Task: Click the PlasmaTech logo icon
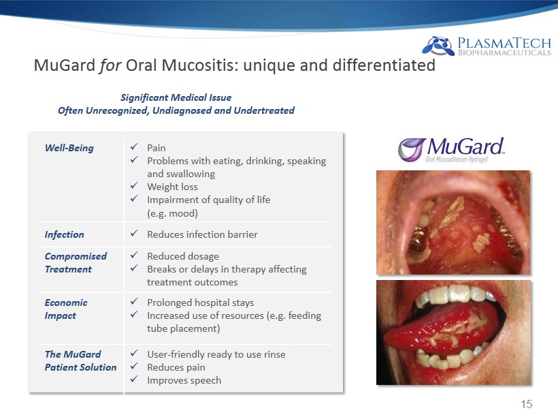(x=438, y=46)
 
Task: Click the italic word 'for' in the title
(x=110, y=65)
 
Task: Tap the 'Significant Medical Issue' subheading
(x=176, y=97)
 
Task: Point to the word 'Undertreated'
(x=264, y=110)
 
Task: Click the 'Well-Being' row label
(x=69, y=148)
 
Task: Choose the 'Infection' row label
(x=65, y=234)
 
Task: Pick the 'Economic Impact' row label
(x=66, y=309)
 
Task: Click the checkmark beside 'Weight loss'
(x=134, y=186)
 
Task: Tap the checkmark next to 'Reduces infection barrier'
(x=134, y=234)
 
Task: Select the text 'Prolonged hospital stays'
(x=200, y=302)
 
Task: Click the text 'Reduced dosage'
(x=183, y=256)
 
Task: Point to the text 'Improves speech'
(x=184, y=380)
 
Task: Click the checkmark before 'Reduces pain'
(x=134, y=367)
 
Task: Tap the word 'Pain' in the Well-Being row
(x=157, y=148)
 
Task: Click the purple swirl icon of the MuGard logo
(x=412, y=149)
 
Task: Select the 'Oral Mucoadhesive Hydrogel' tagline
(x=457, y=159)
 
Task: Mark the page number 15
(x=526, y=404)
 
